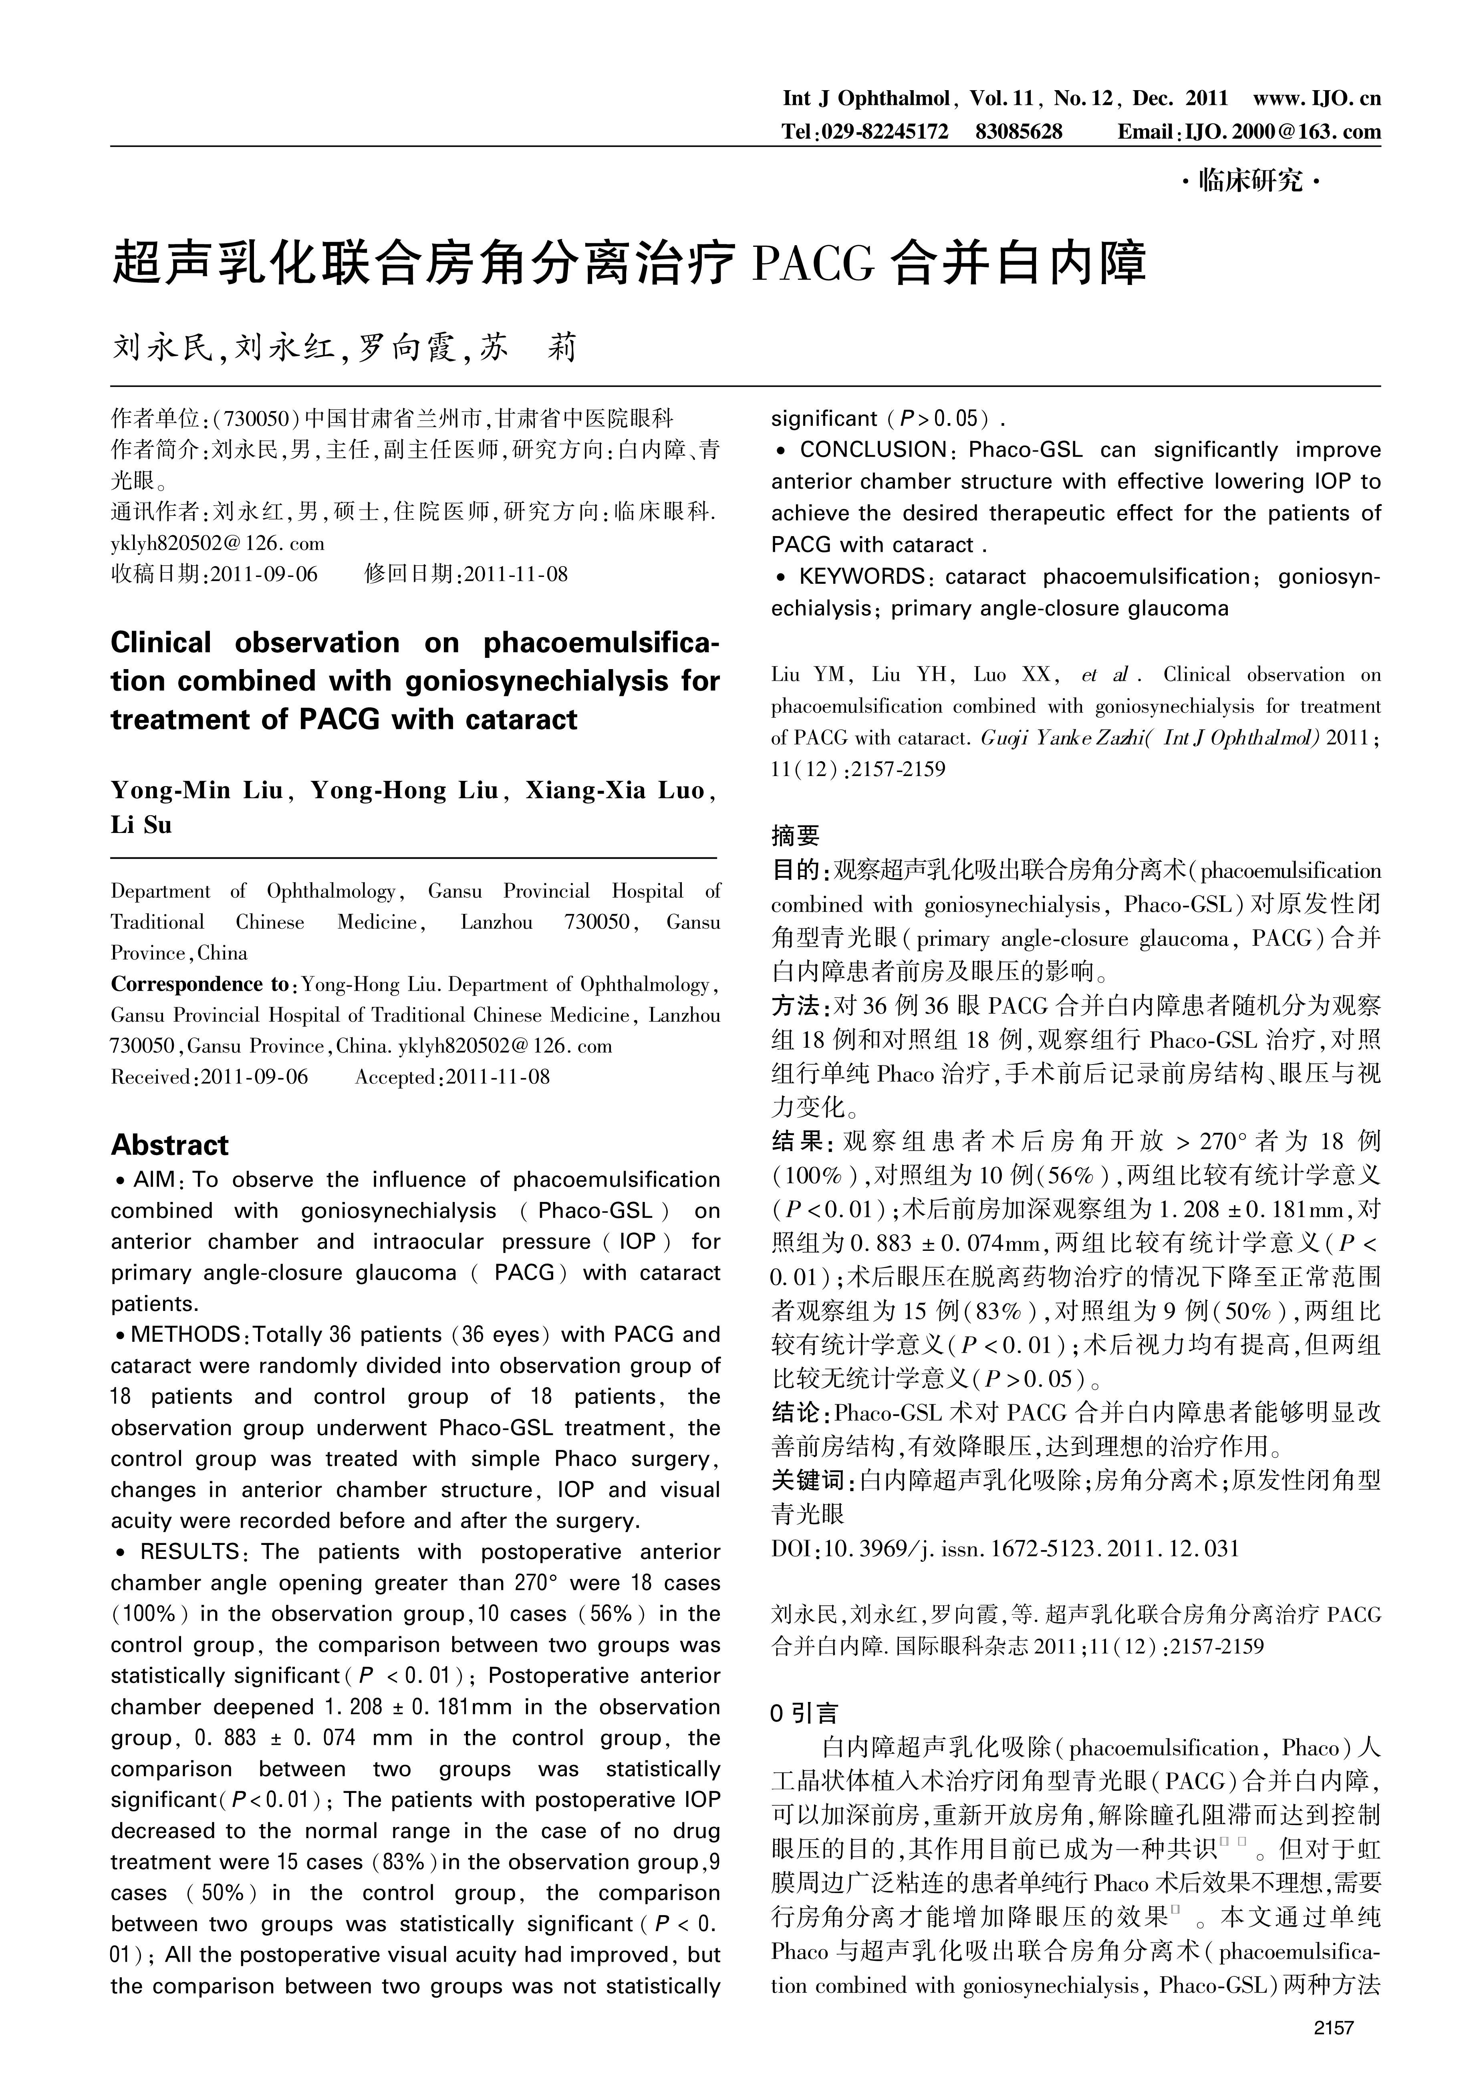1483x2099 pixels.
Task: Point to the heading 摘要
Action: click(796, 835)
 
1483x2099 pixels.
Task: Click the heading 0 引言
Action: click(804, 1713)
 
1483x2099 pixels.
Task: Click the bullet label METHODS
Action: click(185, 1335)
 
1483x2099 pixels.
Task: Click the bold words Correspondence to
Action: click(199, 984)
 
